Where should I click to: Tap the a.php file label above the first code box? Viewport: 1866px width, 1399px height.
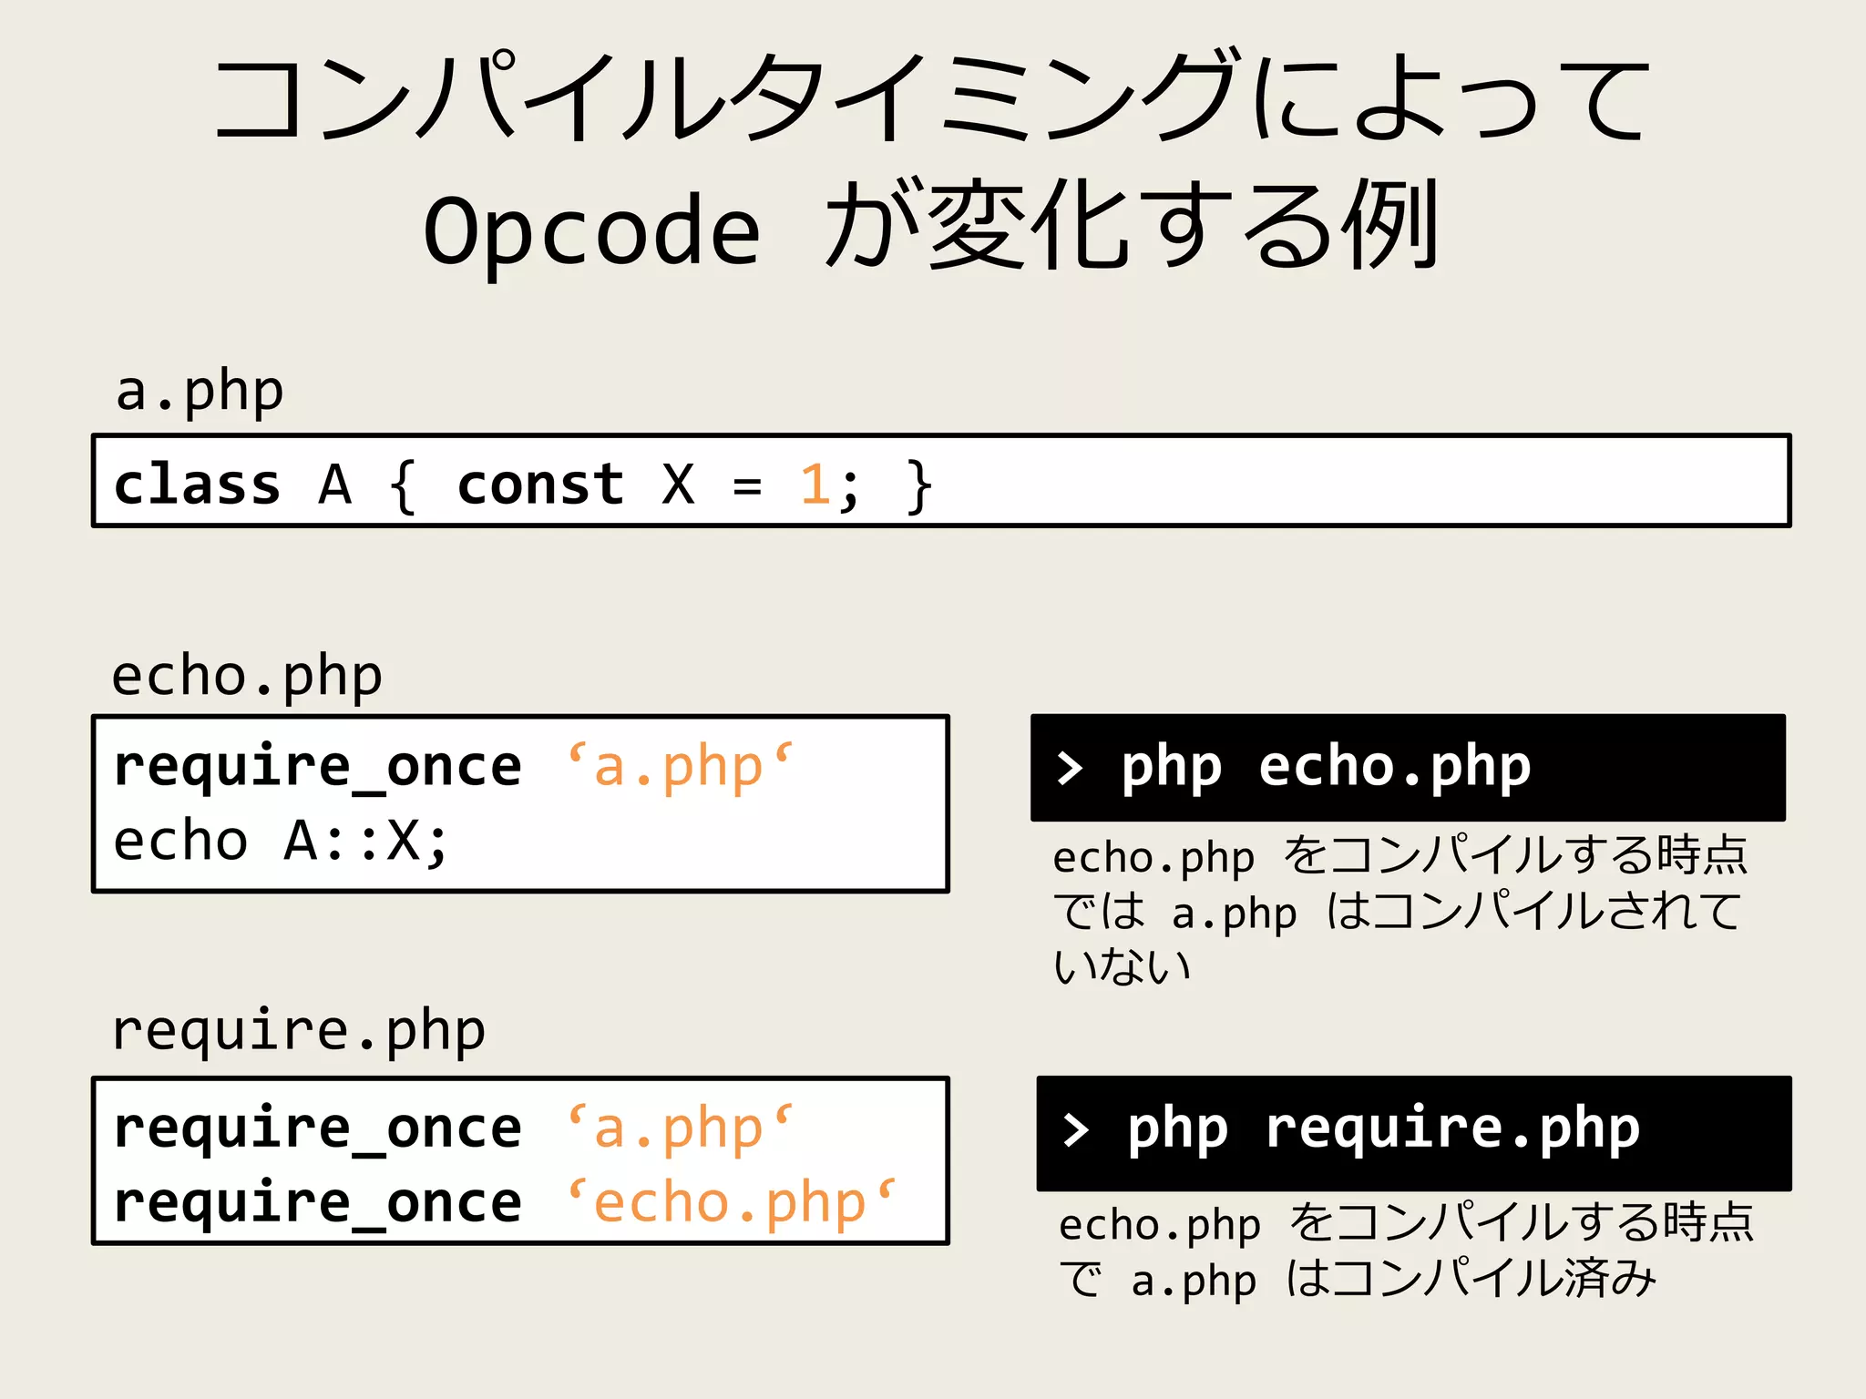tap(200, 392)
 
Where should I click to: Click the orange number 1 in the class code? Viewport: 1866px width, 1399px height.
tap(815, 484)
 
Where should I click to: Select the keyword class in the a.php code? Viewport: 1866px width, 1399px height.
tap(197, 484)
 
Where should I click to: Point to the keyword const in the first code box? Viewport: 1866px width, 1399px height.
tap(540, 484)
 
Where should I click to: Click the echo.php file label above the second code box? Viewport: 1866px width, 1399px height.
tap(247, 677)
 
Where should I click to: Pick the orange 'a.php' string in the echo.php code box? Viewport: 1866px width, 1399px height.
tap(680, 766)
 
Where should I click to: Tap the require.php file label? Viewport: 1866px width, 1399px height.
tap(299, 1031)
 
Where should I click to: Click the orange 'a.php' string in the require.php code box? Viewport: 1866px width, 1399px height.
tap(680, 1128)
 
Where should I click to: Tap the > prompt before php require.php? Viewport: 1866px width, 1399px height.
tap(1076, 1129)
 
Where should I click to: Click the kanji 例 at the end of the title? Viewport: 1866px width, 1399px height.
tap(1394, 225)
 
